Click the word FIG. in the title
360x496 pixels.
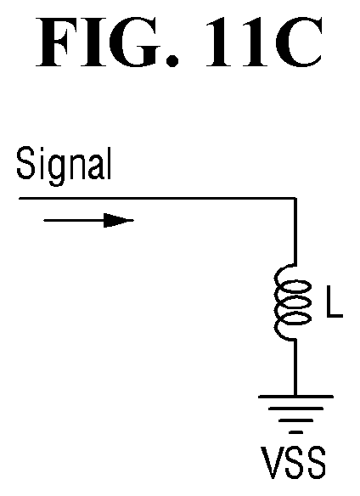click(x=107, y=42)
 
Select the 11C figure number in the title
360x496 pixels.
click(x=264, y=42)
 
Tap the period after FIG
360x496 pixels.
click(x=172, y=60)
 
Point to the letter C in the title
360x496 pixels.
click(x=299, y=42)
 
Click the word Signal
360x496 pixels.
click(x=64, y=166)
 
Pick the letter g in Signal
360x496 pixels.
click(x=59, y=171)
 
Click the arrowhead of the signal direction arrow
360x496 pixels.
click(x=119, y=221)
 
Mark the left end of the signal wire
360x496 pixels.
click(x=20, y=199)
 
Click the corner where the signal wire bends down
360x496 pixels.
click(x=295, y=199)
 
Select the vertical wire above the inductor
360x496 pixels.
click(x=295, y=232)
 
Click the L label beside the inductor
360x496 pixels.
click(x=335, y=302)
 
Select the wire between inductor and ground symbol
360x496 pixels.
click(x=295, y=368)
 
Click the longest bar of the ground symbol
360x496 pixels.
click(x=295, y=397)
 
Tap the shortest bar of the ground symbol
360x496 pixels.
click(x=295, y=432)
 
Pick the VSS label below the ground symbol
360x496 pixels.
click(x=293, y=463)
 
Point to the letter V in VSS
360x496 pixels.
click(x=271, y=463)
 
